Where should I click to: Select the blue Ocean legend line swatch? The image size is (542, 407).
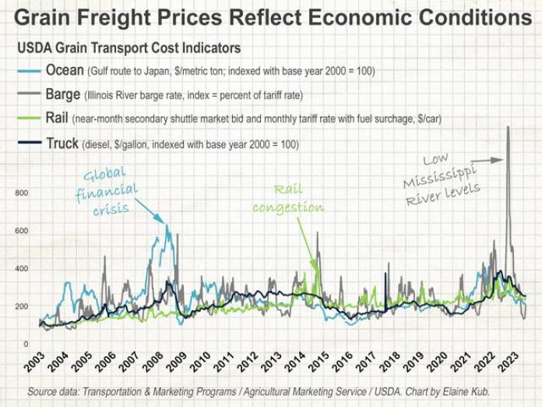click(x=29, y=71)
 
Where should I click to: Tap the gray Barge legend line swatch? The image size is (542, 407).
click(x=29, y=95)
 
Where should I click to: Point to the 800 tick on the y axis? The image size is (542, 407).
click(x=21, y=193)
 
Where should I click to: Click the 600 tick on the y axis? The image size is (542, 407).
click(x=21, y=231)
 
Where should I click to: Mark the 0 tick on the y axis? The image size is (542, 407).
click(x=25, y=344)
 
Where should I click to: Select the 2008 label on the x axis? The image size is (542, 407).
click(x=153, y=365)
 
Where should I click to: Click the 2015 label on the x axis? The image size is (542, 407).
click(x=319, y=365)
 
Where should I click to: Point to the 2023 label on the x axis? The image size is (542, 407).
click(x=508, y=365)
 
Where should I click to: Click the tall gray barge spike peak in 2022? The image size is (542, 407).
click(x=508, y=128)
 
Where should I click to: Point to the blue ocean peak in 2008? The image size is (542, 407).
click(x=166, y=226)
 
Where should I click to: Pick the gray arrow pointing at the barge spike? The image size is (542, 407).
click(x=487, y=160)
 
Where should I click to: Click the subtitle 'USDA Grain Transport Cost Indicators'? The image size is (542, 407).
click(x=128, y=48)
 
